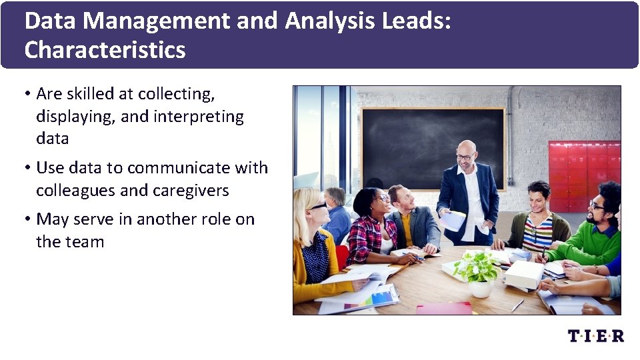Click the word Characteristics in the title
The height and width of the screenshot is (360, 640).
105,50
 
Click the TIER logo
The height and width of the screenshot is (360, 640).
596,336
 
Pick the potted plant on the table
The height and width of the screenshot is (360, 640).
477,270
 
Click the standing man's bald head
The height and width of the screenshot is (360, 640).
467,148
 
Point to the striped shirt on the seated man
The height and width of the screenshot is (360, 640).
538,230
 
